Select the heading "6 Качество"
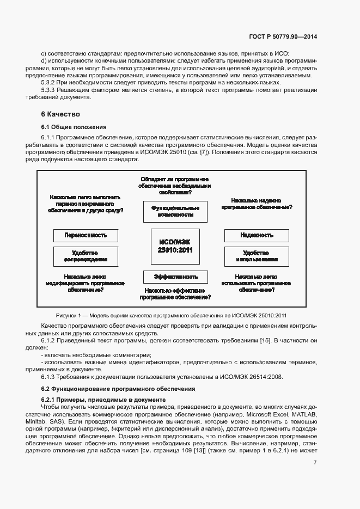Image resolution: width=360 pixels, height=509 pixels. coord(60,114)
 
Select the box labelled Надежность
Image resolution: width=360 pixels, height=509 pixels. coord(257,235)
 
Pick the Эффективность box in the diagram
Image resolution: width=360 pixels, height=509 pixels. coord(175,277)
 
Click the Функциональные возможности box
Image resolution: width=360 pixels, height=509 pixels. coord(175,211)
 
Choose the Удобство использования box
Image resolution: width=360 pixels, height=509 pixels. coord(257,256)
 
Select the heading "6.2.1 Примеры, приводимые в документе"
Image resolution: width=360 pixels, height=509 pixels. coord(103,400)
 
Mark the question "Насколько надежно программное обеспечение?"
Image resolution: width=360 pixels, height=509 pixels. coord(257,204)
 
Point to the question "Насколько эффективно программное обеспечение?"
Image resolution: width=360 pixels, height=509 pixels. coord(175,294)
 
